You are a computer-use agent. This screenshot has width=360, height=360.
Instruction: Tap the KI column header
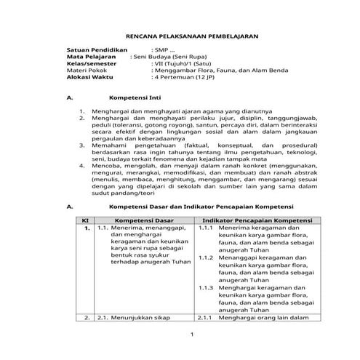84,220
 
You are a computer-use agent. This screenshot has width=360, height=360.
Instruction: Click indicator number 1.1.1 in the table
205,228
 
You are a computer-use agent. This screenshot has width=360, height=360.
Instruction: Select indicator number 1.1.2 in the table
205,258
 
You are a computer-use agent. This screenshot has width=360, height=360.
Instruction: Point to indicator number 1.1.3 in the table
205,288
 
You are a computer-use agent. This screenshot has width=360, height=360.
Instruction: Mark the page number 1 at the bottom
191,335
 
